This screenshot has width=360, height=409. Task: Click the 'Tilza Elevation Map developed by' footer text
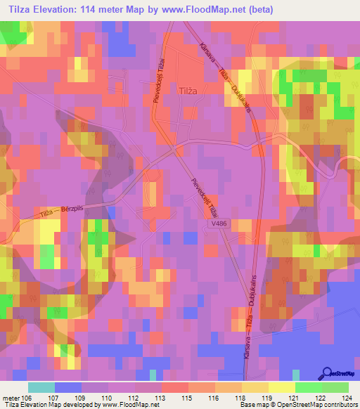point(48,405)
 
